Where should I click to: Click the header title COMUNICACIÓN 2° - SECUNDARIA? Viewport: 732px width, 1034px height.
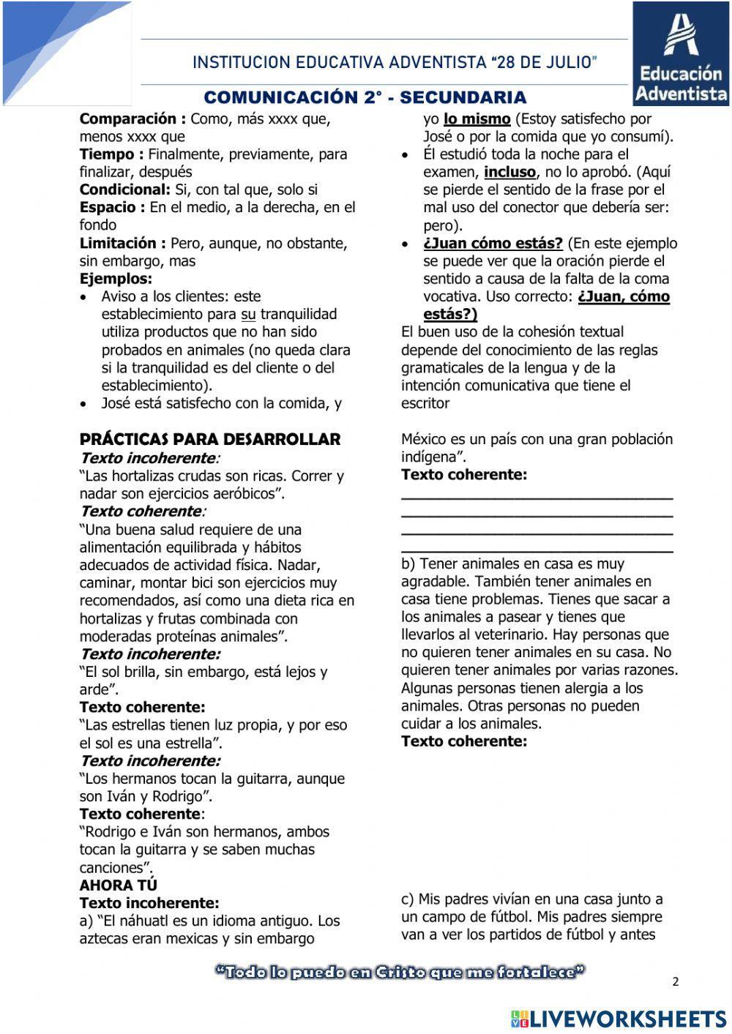coord(365,97)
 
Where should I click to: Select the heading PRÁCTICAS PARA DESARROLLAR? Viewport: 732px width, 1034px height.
coord(210,439)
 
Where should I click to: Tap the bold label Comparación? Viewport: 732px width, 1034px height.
coord(132,119)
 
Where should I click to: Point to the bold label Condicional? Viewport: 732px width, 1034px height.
coord(124,190)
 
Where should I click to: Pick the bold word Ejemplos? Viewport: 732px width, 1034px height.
coord(116,279)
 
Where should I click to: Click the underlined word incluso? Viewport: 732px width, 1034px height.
coord(509,172)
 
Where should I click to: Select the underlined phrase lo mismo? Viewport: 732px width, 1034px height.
coord(477,119)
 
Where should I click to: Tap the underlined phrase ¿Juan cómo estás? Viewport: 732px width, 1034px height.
coord(493,243)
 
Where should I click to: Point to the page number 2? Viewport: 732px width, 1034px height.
coord(675,981)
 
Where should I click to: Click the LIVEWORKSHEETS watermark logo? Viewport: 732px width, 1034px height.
coord(619,1018)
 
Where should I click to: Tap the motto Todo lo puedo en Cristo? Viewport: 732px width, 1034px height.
coord(400,972)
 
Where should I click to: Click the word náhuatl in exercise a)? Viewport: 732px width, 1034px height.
coord(145,921)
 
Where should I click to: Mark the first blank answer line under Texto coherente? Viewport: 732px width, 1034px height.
coord(537,497)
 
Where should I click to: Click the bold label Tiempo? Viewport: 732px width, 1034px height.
coord(111,154)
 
